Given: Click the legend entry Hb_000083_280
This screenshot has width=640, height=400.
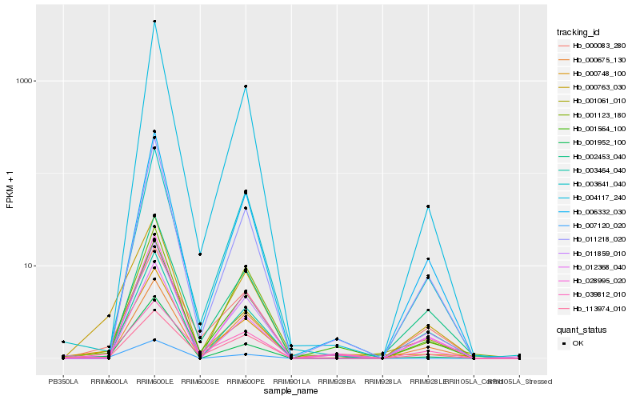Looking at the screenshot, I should click(x=593, y=46).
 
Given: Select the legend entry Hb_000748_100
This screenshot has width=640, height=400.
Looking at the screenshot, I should click(x=593, y=74).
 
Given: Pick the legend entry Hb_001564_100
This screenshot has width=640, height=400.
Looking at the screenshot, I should click(x=593, y=129).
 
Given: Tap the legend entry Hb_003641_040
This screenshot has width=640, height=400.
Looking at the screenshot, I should click(x=593, y=184).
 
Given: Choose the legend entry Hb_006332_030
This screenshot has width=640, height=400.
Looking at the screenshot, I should click(x=593, y=212).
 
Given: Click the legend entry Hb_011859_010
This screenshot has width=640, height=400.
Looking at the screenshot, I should click(x=593, y=254).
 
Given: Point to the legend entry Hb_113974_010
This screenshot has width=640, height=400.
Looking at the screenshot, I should click(x=593, y=309).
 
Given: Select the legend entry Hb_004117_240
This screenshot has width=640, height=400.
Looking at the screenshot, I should click(x=593, y=198).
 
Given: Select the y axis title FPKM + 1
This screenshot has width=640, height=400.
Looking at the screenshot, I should click(x=10, y=190).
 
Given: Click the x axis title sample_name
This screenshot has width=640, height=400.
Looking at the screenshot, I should click(x=291, y=391).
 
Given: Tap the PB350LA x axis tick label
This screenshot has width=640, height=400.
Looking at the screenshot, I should click(x=63, y=382).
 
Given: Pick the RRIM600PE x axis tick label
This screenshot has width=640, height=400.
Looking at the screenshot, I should click(x=246, y=382).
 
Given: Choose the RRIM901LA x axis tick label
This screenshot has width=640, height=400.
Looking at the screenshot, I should click(x=291, y=382).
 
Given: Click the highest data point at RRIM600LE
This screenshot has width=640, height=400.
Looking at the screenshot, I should click(x=154, y=22).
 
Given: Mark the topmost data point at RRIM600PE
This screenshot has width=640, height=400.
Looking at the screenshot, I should click(x=246, y=86).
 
